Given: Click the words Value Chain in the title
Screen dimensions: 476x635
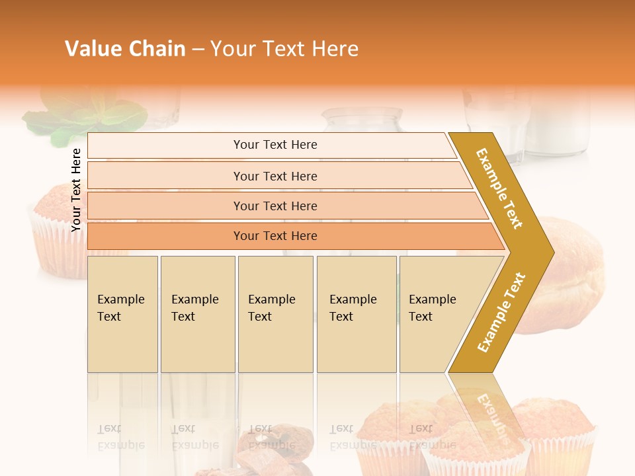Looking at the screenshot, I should (x=125, y=49).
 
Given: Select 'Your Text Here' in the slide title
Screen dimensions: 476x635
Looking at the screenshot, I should (x=284, y=49).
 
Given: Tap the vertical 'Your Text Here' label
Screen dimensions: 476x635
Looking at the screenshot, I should (x=77, y=190).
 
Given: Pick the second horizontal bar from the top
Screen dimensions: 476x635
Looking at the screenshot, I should (x=275, y=176).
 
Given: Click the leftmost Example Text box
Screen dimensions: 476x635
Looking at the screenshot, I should (x=122, y=314).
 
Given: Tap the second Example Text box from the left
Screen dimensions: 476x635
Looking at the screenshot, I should (x=198, y=314).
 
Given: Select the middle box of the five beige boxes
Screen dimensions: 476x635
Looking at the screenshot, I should (x=275, y=314).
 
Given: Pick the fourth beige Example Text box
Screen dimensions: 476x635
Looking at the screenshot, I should (x=357, y=314).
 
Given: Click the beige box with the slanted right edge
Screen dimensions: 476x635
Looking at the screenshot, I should (x=437, y=314).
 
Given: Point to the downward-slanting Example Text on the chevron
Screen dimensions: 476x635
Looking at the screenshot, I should (x=500, y=188).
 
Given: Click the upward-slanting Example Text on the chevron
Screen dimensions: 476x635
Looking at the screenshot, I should (x=501, y=312).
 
